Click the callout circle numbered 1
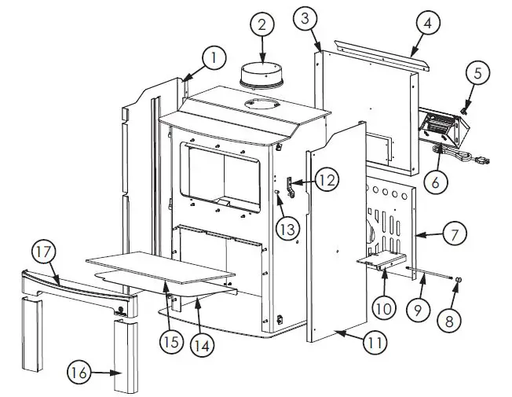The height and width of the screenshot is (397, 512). click(x=212, y=57)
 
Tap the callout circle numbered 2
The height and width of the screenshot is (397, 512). click(x=261, y=24)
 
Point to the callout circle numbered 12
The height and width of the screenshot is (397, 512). click(x=329, y=180)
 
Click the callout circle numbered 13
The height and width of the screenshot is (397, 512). click(x=288, y=227)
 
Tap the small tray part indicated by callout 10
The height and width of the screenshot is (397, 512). click(x=383, y=260)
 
